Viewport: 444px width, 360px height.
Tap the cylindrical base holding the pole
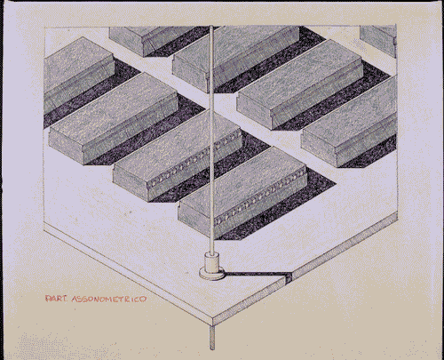pyautogui.click(x=212, y=263)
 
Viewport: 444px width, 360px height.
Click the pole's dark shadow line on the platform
pyautogui.click(x=258, y=273)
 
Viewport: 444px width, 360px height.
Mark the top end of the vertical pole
pyautogui.click(x=213, y=29)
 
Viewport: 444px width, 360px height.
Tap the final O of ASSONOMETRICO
pyautogui.click(x=146, y=300)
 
